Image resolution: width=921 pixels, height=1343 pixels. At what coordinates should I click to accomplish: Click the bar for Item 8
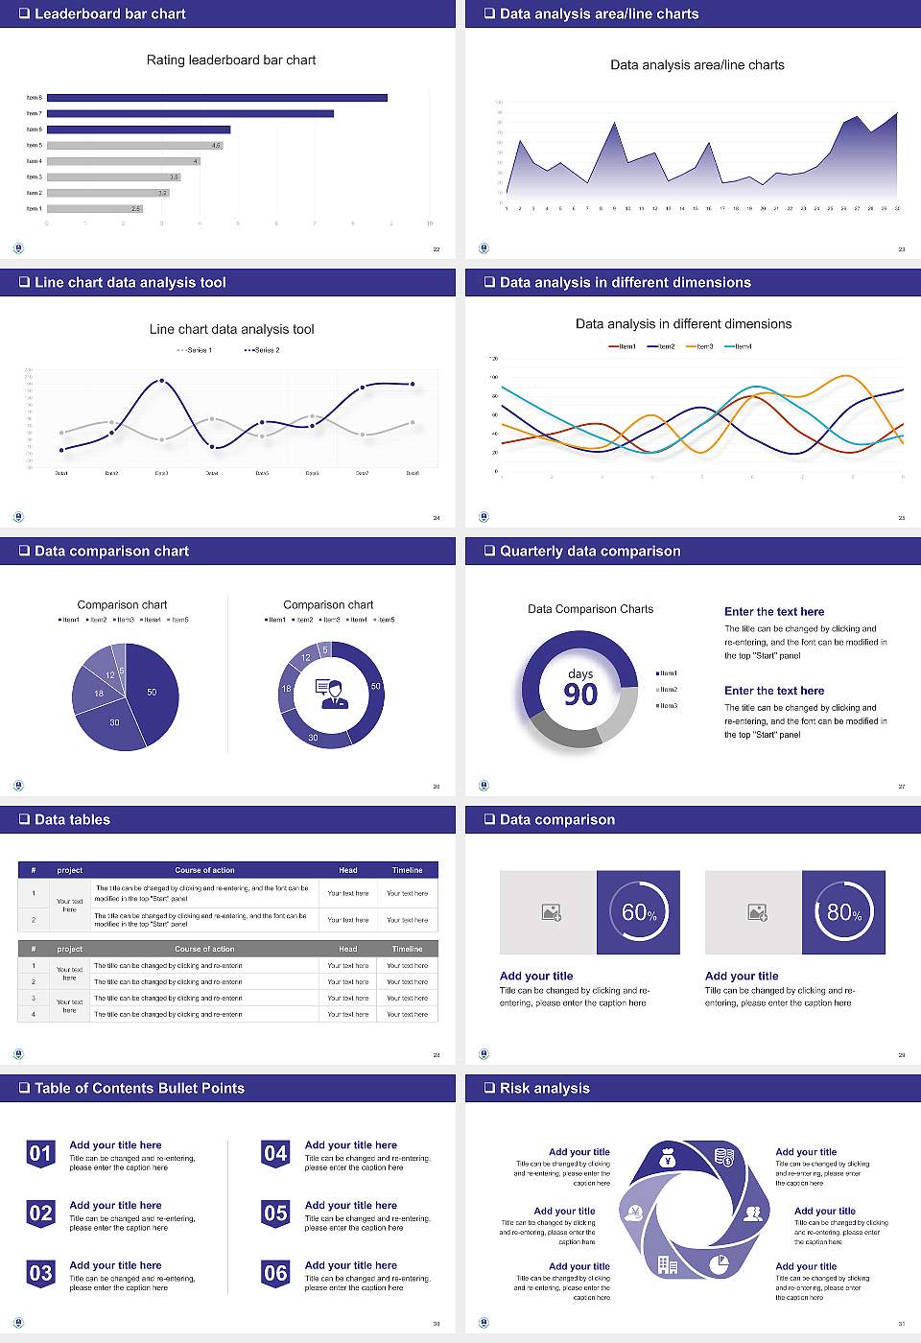click(217, 98)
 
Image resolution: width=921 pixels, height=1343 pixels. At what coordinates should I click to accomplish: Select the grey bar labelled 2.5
click(94, 208)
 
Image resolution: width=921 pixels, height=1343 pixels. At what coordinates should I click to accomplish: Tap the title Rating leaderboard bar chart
click(231, 59)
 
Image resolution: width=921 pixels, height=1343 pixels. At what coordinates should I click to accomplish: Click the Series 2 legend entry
click(262, 350)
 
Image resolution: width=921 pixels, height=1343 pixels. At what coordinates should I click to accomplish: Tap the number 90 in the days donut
click(580, 695)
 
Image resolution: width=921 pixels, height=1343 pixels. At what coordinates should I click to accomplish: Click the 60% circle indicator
click(639, 912)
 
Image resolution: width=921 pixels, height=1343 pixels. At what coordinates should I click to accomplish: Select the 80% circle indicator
click(844, 912)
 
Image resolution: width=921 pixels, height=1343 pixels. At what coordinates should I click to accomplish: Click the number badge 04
click(275, 1154)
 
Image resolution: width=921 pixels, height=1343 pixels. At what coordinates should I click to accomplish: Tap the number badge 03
click(40, 1274)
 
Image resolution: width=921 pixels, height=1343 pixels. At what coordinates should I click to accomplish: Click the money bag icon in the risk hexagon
click(669, 1160)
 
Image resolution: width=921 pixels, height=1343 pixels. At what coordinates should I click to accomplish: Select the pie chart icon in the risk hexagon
click(719, 1264)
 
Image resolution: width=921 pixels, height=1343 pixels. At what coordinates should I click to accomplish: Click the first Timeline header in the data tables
click(407, 870)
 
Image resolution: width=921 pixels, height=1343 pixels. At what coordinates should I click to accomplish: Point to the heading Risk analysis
click(544, 1088)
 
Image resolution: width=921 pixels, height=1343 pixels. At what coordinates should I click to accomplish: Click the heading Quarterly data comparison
click(590, 551)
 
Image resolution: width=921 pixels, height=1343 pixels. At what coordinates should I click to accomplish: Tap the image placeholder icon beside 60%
click(551, 912)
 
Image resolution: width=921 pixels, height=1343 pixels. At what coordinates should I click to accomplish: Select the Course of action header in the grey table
click(204, 949)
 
